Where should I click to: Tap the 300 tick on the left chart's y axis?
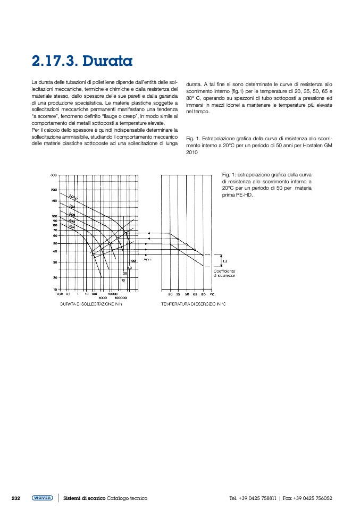pyautogui.click(x=54, y=175)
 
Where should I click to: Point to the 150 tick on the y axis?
pyautogui.click(x=54, y=201)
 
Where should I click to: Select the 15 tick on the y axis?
pyautogui.click(x=55, y=289)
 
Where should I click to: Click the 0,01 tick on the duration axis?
pyautogui.click(x=60, y=293)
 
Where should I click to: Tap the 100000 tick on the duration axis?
pyautogui.click(x=120, y=298)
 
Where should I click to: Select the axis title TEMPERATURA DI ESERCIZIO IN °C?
pyautogui.click(x=194, y=304)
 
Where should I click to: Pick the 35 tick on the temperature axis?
pyautogui.click(x=178, y=293)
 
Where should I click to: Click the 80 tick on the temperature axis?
pyautogui.click(x=203, y=293)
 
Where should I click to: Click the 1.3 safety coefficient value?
pyautogui.click(x=225, y=261)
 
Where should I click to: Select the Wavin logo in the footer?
pyautogui.click(x=42, y=498)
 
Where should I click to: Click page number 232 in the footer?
pyautogui.click(x=16, y=498)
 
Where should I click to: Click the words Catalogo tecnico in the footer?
pyautogui.click(x=127, y=498)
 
